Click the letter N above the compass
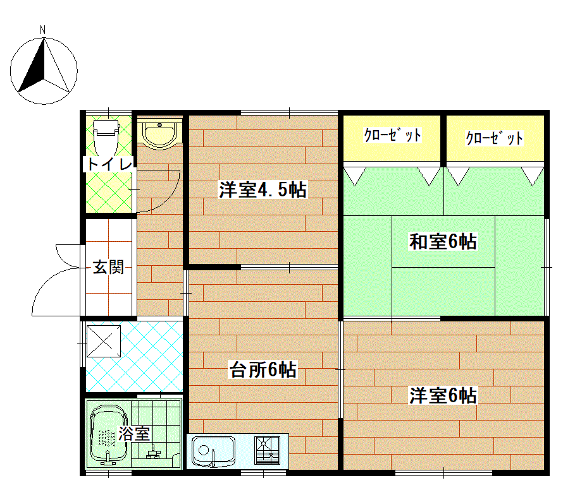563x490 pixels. pyautogui.click(x=43, y=30)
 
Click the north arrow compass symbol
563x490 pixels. pyautogui.click(x=44, y=71)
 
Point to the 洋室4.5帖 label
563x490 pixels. pyautogui.click(x=263, y=189)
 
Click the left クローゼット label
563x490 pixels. pyautogui.click(x=392, y=136)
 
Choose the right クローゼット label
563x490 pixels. pyautogui.click(x=495, y=138)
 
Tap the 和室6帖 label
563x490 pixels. pyautogui.click(x=443, y=242)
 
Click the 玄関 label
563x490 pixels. pyautogui.click(x=108, y=267)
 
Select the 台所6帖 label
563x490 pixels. pyautogui.click(x=263, y=369)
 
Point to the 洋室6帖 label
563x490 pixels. pyautogui.click(x=443, y=396)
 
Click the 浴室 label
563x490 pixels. pyautogui.click(x=134, y=434)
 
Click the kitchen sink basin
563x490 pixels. pyautogui.click(x=213, y=451)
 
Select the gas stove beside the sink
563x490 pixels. pyautogui.click(x=267, y=450)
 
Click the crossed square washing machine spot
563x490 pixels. pyautogui.click(x=104, y=341)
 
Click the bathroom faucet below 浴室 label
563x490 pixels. pyautogui.click(x=154, y=452)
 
